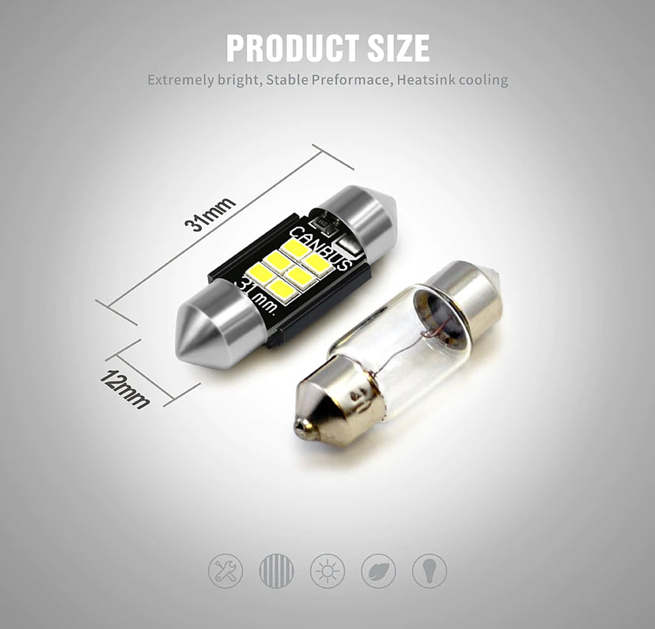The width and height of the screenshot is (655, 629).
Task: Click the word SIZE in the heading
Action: [x=399, y=48]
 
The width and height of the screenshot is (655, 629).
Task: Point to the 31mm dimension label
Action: [x=210, y=214]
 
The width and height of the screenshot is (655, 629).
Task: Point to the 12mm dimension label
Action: [x=124, y=389]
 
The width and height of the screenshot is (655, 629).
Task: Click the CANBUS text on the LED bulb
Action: [x=320, y=248]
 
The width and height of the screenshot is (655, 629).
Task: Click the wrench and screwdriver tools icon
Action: [x=225, y=571]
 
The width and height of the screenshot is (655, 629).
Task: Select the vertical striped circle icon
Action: [x=277, y=571]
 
